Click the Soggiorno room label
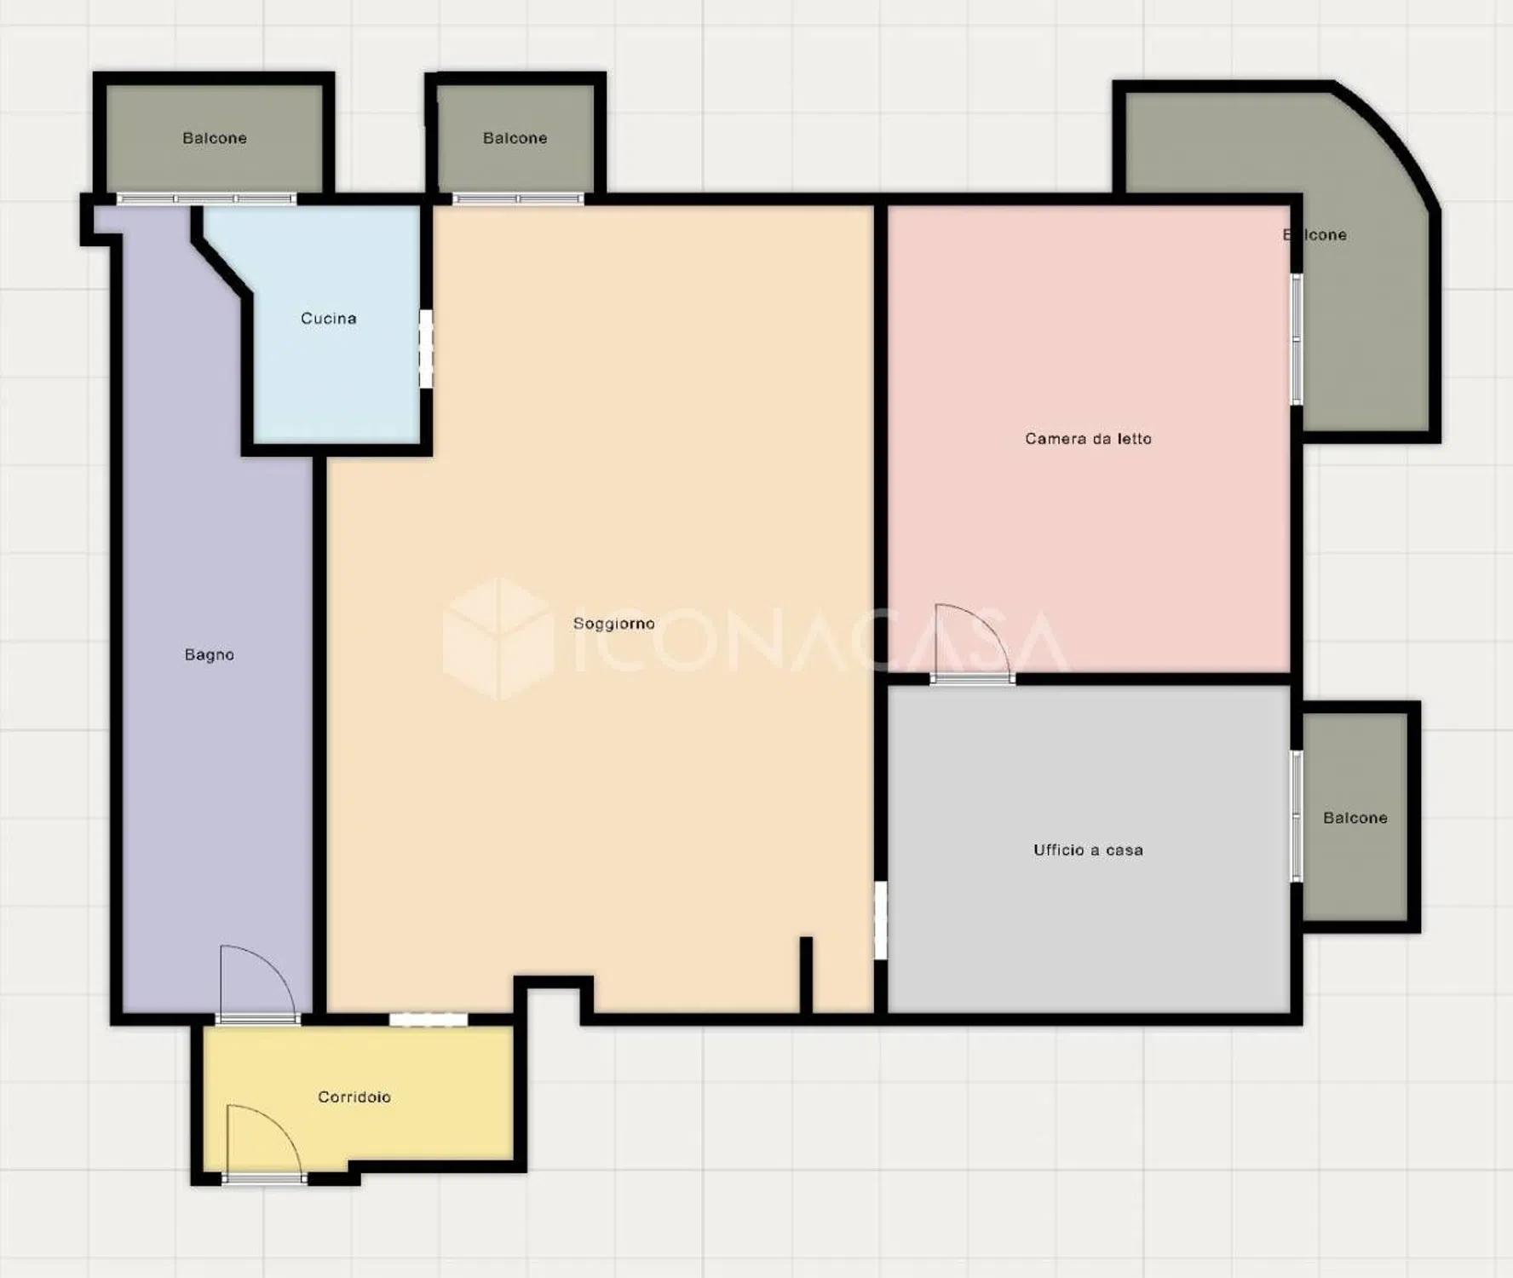click(613, 624)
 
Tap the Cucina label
click(328, 319)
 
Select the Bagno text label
click(209, 654)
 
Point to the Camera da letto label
click(1088, 439)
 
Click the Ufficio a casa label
click(1088, 849)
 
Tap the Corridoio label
click(354, 1097)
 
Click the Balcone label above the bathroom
click(214, 138)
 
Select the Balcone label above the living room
click(515, 138)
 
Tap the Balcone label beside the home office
click(1355, 818)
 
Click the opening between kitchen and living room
click(426, 349)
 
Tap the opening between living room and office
click(881, 920)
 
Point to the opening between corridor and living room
click(429, 1019)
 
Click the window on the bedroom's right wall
click(1297, 339)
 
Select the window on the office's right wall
click(1297, 816)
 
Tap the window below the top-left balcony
click(206, 199)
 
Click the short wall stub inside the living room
click(806, 976)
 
